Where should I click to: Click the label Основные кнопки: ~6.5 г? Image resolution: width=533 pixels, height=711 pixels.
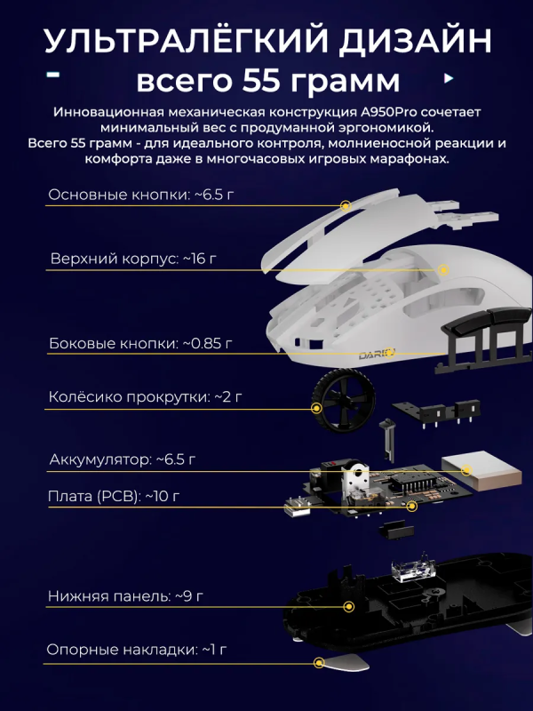tap(141, 195)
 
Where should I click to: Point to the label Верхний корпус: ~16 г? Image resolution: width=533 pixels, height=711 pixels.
tap(133, 259)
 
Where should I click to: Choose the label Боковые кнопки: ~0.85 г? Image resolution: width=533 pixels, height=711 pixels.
tap(140, 343)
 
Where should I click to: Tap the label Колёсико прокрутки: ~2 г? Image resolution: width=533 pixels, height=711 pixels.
tap(145, 396)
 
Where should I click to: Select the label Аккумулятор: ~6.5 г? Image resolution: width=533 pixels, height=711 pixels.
tap(123, 459)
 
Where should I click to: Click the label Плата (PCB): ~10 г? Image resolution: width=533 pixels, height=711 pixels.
tap(114, 496)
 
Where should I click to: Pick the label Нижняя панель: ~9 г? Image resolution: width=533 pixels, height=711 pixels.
tap(125, 595)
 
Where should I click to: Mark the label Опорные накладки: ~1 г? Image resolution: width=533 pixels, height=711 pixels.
tap(137, 650)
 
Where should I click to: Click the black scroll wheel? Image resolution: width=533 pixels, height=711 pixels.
tap(343, 403)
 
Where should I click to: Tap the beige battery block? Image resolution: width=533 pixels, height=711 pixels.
tap(481, 471)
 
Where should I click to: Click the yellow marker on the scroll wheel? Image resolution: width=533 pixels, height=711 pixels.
tap(317, 409)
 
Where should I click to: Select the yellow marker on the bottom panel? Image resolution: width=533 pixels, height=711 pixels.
tap(348, 607)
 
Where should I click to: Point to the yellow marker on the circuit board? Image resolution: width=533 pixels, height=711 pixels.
tap(411, 506)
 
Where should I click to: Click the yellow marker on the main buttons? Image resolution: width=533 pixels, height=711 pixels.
tap(346, 206)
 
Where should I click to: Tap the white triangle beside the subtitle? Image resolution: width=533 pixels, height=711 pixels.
tap(449, 78)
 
